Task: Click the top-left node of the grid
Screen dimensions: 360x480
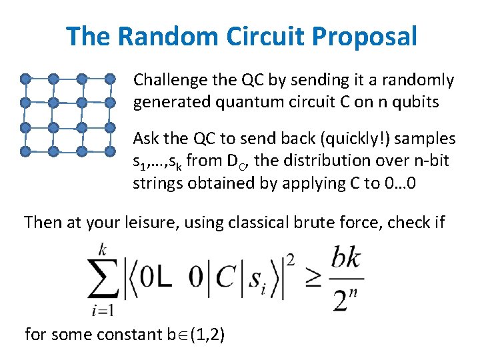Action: (x=25, y=79)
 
